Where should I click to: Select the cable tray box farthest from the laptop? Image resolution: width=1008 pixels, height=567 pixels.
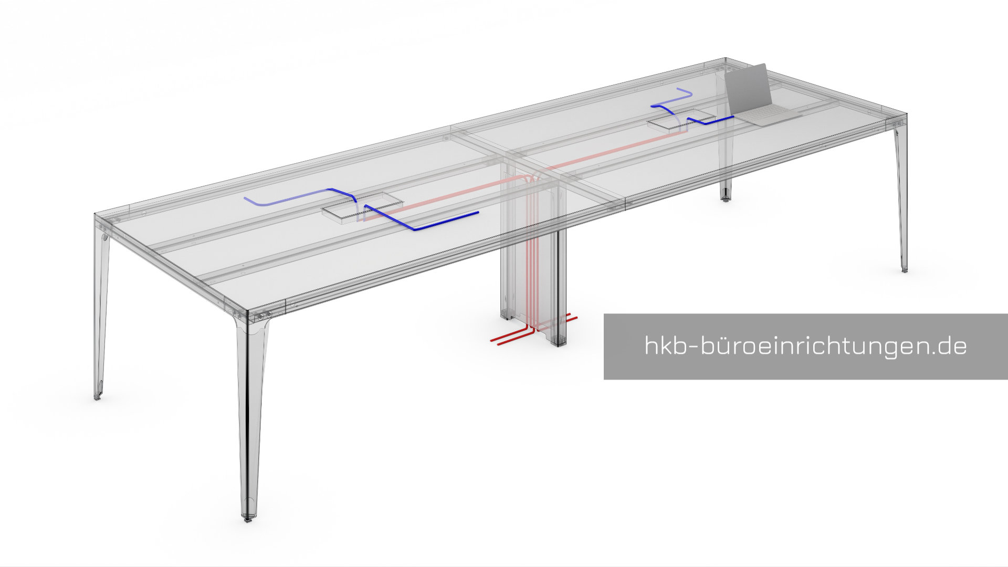(x=362, y=208)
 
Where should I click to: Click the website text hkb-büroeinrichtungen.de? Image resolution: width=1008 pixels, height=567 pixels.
(x=805, y=346)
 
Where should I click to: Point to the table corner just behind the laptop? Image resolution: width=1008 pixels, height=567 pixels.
(x=726, y=59)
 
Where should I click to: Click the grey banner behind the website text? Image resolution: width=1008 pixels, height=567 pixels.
(x=805, y=346)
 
